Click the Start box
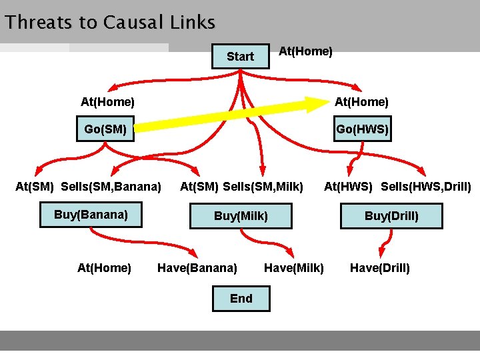coord(240,57)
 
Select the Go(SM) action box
coord(105,129)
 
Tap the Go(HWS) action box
coord(362,129)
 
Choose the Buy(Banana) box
coord(91,215)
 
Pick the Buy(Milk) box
coord(241,216)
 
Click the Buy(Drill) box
coord(391,216)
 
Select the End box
coord(241,299)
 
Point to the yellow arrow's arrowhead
coord(313,105)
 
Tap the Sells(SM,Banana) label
coord(111,186)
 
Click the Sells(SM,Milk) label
coord(263,186)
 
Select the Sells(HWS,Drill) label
coord(425,186)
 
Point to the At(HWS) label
coord(348,186)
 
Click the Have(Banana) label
coord(197,268)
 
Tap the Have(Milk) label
coord(293,268)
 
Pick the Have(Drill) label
coord(380,268)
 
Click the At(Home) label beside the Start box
coord(305,51)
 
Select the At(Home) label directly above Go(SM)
coord(107,102)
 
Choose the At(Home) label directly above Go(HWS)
coord(361,102)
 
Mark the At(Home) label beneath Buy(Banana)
coord(104,268)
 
